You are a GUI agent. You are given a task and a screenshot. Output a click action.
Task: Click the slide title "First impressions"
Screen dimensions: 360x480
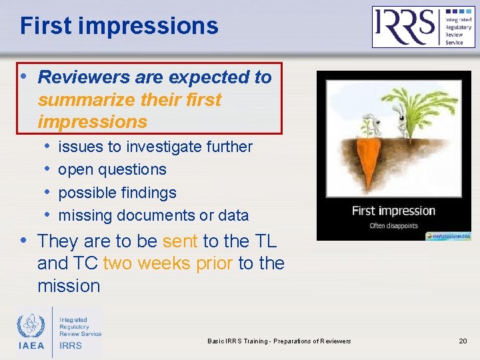119,26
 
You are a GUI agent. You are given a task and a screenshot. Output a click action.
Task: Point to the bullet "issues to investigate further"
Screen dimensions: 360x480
155,147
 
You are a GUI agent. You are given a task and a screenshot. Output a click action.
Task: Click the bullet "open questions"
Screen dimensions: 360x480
112,169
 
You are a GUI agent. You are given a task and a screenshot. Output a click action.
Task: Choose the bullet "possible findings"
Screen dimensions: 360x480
117,193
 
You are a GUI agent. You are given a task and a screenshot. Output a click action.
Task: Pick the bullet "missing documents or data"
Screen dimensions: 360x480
153,215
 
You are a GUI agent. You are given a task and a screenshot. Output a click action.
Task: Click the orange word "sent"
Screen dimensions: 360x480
180,241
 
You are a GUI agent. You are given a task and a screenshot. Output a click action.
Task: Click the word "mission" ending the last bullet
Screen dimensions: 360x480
69,286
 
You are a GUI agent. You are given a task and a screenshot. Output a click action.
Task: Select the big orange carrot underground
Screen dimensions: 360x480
371,164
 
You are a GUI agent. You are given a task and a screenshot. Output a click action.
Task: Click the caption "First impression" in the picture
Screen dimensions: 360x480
393,211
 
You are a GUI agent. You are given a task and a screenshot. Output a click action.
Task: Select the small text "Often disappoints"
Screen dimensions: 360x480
393,226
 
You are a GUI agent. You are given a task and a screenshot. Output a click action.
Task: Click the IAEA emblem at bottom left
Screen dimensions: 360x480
30,326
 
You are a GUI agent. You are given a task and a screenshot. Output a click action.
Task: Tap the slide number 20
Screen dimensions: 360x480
463,341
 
